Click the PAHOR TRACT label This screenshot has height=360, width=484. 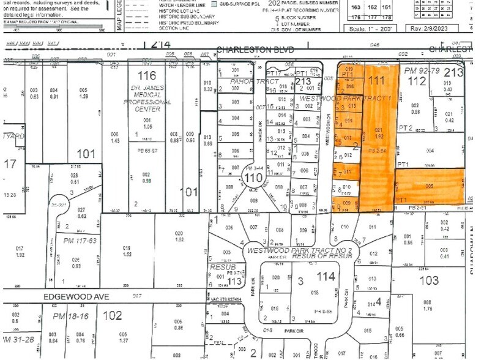pyautogui.click(x=234, y=81)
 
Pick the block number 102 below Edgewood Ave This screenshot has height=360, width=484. pyautogui.click(x=113, y=317)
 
